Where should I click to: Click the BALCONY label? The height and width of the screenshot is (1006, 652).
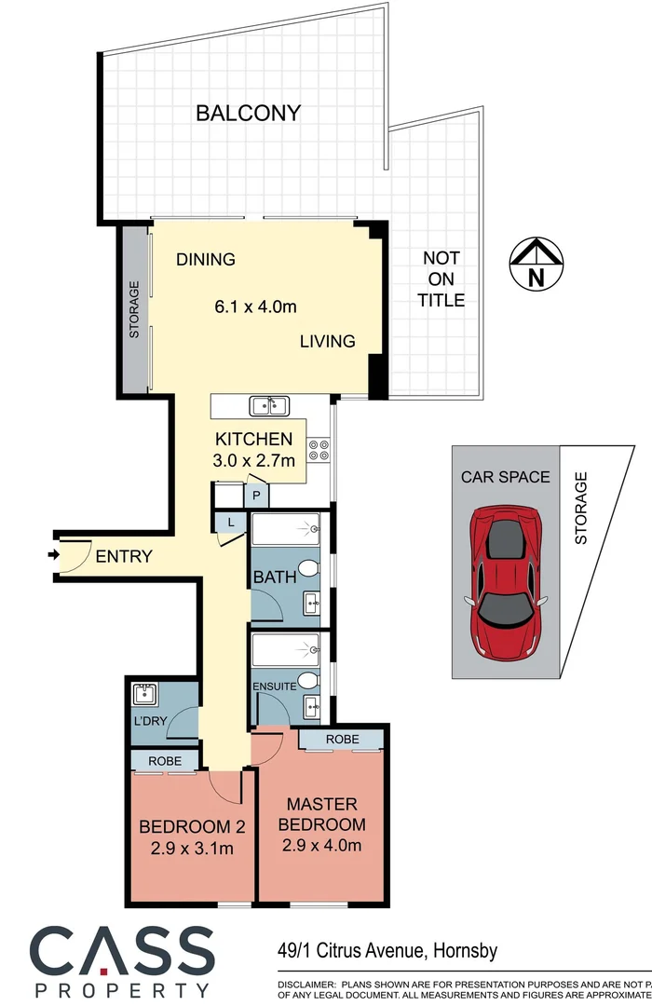coord(249,114)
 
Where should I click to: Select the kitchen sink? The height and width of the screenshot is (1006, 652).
coord(269,405)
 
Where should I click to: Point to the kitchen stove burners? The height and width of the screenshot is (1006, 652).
coord(319,450)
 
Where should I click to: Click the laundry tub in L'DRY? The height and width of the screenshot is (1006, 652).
coord(144,694)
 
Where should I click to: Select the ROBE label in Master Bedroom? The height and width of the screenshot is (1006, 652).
coord(341,739)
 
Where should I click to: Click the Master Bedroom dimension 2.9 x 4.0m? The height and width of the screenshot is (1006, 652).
coord(321,846)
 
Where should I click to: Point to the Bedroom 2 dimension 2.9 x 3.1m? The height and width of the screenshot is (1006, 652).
coord(186,848)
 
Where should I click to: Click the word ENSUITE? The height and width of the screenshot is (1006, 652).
coord(274,687)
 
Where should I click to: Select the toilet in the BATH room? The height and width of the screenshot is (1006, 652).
coord(313,569)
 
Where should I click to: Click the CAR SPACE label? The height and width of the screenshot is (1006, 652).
coord(506,477)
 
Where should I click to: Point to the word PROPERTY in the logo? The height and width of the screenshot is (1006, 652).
coord(122,989)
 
